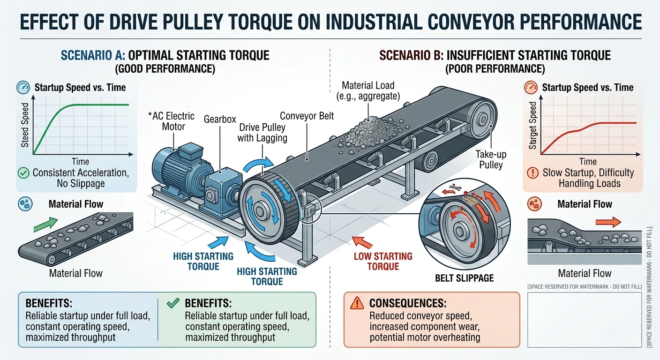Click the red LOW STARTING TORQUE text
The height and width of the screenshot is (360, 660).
[383, 261]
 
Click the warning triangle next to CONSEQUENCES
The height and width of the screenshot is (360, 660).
[358, 303]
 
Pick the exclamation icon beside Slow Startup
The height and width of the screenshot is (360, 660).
[533, 172]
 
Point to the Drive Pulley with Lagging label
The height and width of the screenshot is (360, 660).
[262, 133]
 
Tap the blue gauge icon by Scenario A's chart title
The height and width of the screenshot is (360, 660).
[23, 87]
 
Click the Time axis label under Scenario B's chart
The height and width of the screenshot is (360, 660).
[587, 162]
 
